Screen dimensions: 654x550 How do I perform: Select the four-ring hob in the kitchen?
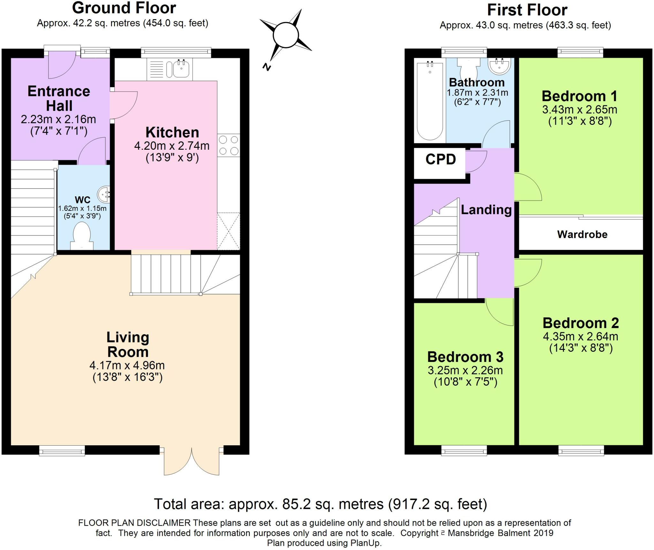click(229, 146)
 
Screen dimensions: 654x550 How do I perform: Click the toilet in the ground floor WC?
click(82, 236)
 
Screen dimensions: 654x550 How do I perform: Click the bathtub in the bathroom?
click(430, 101)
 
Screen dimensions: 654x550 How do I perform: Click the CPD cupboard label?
click(440, 159)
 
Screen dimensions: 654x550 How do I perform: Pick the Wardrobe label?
click(582, 235)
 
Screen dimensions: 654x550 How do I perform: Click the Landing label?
click(486, 210)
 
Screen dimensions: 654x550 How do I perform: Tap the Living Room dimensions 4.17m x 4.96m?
click(127, 365)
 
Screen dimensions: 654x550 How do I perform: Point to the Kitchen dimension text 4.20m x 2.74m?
click(172, 146)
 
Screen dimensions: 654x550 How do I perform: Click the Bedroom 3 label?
click(465, 357)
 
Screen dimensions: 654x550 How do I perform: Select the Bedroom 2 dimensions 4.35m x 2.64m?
click(581, 336)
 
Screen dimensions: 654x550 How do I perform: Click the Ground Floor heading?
click(124, 8)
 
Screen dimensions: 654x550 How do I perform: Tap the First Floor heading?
click(527, 10)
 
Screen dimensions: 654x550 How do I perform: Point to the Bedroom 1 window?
click(581, 53)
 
